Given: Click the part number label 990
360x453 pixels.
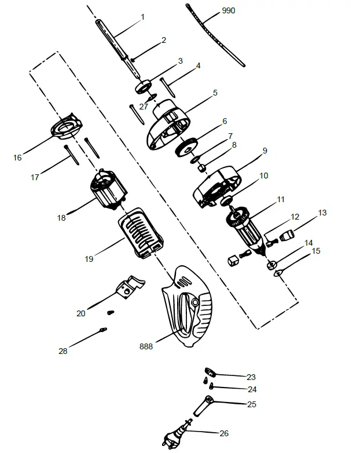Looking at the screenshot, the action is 229,10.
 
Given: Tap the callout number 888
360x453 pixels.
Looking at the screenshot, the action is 146,346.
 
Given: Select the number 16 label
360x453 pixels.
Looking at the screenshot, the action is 17,158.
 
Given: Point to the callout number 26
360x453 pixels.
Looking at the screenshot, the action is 224,433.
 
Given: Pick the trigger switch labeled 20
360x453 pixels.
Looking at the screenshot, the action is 130,287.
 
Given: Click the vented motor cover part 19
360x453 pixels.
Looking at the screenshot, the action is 141,232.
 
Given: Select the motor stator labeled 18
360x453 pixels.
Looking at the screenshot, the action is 109,189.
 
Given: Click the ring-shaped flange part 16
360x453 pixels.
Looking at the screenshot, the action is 67,126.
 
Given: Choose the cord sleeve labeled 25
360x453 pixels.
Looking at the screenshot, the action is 203,406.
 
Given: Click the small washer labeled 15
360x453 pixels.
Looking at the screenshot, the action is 278,272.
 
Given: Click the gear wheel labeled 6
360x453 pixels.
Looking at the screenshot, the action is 186,148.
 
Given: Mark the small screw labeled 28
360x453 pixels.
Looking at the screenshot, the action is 103,330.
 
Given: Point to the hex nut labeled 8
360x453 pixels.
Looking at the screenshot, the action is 203,167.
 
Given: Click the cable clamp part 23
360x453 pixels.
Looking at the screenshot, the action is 210,371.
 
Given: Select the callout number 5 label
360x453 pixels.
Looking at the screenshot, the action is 215,93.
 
